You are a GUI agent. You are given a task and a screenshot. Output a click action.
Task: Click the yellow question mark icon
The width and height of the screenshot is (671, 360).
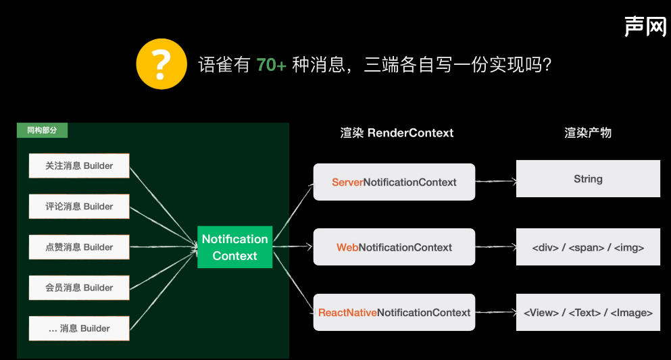tap(161, 64)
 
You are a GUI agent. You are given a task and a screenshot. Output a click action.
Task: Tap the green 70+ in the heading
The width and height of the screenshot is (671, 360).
tap(272, 65)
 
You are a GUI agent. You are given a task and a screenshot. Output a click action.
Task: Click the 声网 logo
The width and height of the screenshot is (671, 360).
tap(645, 26)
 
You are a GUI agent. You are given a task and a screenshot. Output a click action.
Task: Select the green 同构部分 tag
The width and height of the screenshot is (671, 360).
tap(42, 130)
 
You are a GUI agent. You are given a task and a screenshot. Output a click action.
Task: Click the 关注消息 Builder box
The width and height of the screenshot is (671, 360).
tap(79, 165)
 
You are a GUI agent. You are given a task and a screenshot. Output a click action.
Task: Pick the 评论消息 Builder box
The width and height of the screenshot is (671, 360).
tap(79, 206)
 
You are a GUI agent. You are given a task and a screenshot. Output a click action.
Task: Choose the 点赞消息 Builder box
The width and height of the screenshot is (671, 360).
tap(79, 247)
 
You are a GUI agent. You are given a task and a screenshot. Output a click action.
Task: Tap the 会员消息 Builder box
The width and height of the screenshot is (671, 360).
tap(79, 288)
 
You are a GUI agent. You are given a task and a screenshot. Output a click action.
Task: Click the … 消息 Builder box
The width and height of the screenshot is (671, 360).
tap(79, 328)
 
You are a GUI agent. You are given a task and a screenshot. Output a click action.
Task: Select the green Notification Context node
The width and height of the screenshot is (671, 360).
tap(234, 247)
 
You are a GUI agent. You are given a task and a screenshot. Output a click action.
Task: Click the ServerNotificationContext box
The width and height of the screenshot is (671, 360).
tap(394, 182)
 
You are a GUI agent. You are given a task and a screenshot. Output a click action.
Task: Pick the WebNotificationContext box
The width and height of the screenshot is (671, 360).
tap(394, 247)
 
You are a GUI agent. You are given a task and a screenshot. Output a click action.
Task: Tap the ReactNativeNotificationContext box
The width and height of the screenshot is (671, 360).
tap(394, 312)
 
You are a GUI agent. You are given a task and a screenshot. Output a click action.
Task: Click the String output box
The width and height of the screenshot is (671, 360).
tap(588, 179)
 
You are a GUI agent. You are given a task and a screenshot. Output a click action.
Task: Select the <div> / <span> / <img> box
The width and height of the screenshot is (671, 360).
tap(588, 247)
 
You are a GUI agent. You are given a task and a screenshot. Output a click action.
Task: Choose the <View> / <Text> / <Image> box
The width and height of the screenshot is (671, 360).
tap(588, 312)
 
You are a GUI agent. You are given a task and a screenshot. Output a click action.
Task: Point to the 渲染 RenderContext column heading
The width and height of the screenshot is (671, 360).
tap(397, 133)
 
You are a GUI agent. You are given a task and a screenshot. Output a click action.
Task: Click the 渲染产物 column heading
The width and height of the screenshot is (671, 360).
tap(588, 133)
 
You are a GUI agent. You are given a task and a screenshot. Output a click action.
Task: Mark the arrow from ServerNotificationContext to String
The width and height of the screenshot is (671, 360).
tap(495, 181)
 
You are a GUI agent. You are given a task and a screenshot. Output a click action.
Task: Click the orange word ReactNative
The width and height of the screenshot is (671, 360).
tap(347, 313)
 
